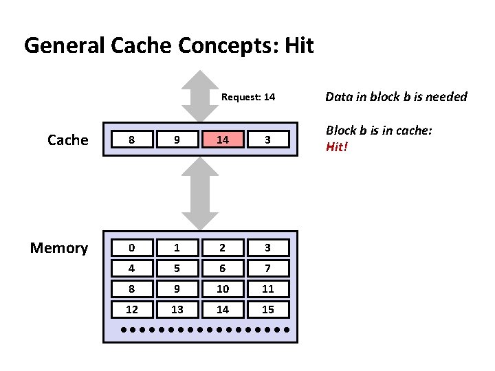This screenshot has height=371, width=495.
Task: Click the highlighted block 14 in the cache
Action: (223, 140)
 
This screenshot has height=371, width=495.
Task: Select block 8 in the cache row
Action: (132, 140)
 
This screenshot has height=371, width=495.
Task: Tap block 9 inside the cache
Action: (177, 140)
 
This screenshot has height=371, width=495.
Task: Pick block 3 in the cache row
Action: (268, 140)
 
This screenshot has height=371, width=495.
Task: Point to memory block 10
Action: (223, 289)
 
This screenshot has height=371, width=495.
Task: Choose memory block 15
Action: (268, 310)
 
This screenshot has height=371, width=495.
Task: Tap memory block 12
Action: (132, 310)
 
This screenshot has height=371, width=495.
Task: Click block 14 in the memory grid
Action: (223, 310)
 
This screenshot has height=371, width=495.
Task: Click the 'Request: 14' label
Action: (248, 98)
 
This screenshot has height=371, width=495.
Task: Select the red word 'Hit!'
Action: (337, 146)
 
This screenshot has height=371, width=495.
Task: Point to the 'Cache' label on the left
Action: (67, 140)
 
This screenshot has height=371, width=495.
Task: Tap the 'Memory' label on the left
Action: (59, 248)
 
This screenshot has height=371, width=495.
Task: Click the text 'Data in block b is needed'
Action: (396, 97)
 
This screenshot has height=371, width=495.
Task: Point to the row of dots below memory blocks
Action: (204, 330)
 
